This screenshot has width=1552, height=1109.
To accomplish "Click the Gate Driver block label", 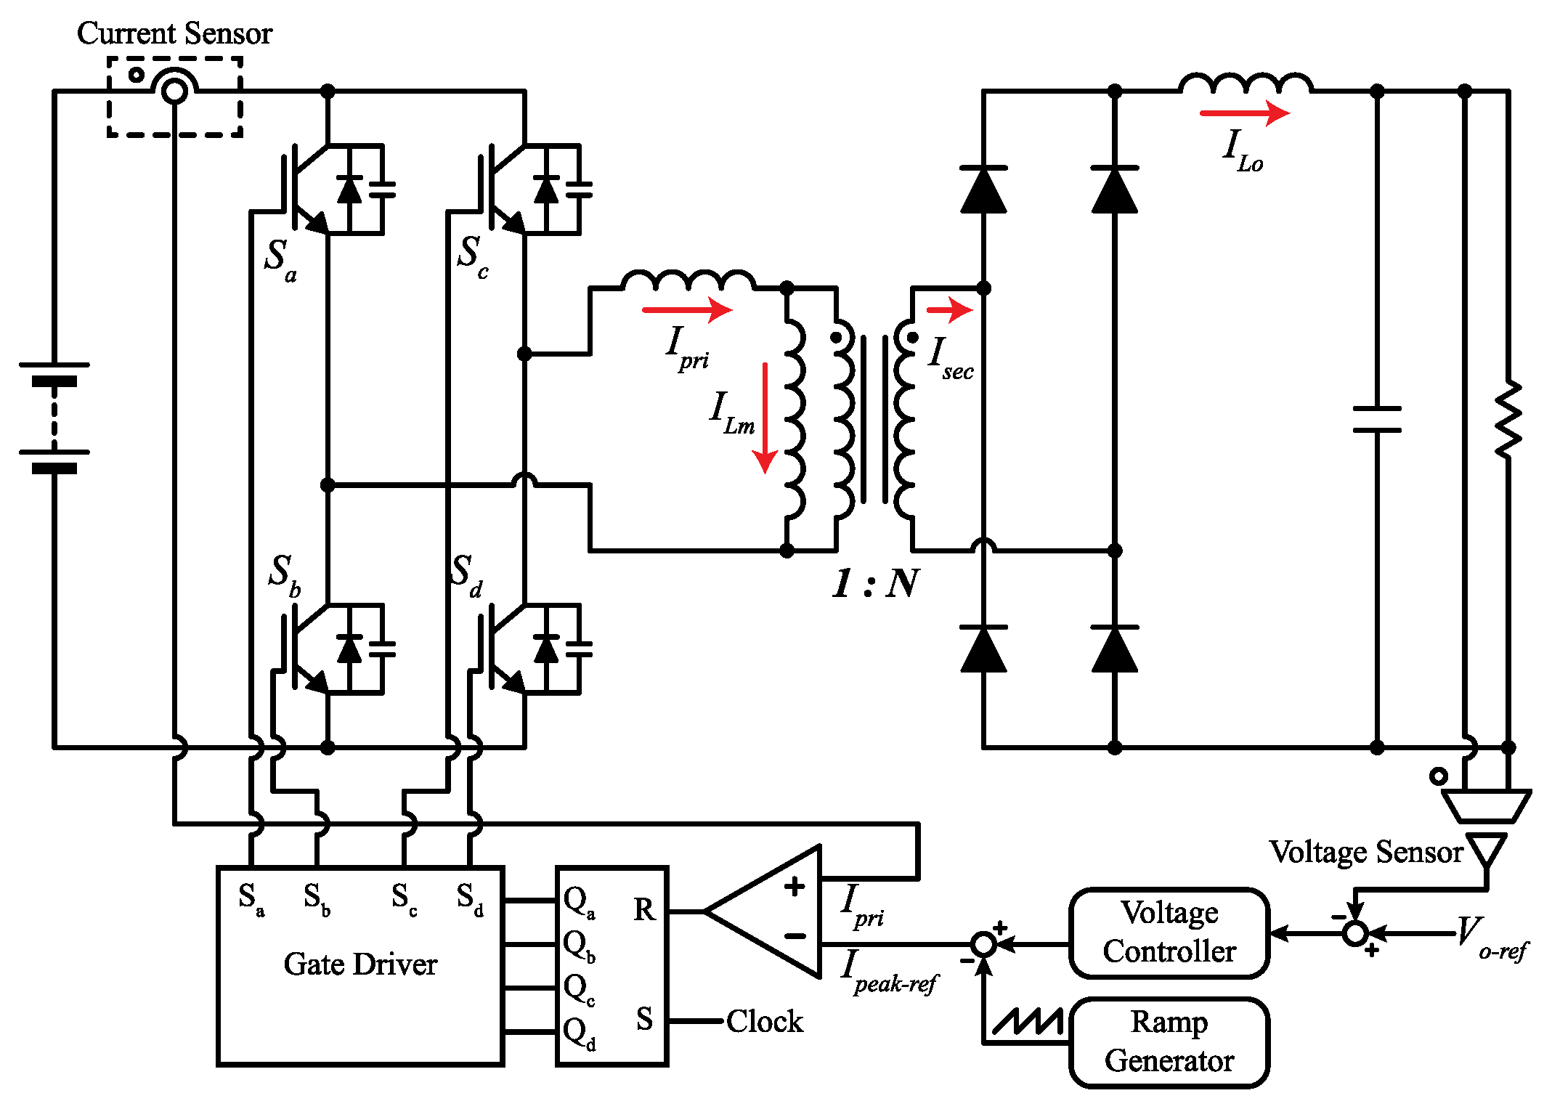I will tap(360, 964).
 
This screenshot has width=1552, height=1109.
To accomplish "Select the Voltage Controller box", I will tap(1169, 933).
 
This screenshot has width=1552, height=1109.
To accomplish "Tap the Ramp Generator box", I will tap(1169, 1042).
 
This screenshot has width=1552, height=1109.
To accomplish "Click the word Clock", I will tap(764, 1022).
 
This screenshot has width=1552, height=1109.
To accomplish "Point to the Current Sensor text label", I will tap(174, 33).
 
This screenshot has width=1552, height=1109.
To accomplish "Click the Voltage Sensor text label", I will tap(1365, 852).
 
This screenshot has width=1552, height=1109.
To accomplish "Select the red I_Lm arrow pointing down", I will tap(765, 418).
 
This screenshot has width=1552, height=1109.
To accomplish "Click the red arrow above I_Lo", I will tap(1244, 113).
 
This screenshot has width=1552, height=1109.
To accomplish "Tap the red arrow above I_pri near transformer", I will tap(686, 310).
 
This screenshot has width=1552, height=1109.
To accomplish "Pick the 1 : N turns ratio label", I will tap(875, 583).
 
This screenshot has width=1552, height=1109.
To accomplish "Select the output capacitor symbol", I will tap(1376, 419).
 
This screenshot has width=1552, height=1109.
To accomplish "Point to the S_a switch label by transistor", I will tap(280, 259).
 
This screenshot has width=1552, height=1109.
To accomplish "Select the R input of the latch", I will tap(644, 909).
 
